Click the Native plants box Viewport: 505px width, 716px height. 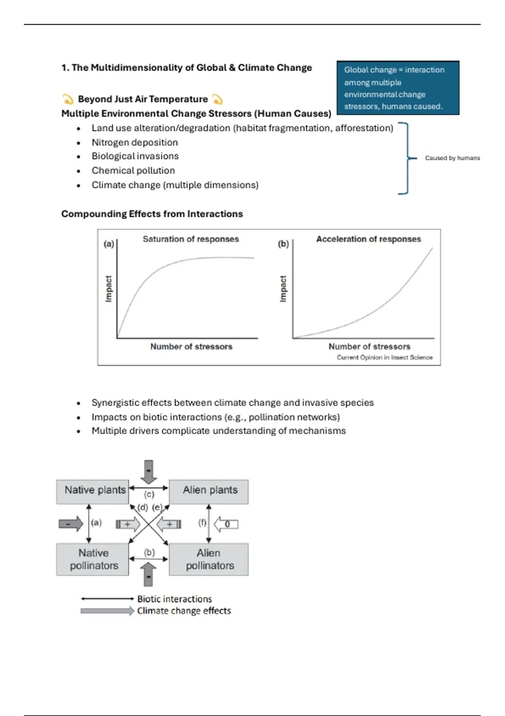(x=93, y=491)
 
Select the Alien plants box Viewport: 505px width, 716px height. (x=209, y=491)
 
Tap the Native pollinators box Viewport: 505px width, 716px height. (x=93, y=559)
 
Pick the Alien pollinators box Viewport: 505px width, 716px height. (x=209, y=559)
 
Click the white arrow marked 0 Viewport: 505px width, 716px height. (x=226, y=524)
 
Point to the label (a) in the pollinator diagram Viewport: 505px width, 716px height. (x=96, y=523)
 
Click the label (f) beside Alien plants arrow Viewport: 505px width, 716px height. (x=202, y=523)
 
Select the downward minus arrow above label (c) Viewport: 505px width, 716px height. (x=149, y=471)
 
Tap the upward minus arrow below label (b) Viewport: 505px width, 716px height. (x=149, y=574)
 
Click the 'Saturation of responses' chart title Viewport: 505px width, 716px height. (x=191, y=239)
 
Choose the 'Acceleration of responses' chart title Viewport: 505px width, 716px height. (x=368, y=239)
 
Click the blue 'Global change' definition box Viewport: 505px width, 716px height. (x=398, y=88)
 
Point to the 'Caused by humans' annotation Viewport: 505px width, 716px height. (x=452, y=158)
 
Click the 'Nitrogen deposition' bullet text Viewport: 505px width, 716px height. (x=135, y=142)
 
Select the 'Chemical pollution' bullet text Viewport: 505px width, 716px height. (x=133, y=171)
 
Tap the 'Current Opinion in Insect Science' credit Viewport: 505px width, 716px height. (x=384, y=358)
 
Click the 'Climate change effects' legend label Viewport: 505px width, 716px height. (x=184, y=611)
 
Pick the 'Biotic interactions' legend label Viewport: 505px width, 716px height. (x=174, y=599)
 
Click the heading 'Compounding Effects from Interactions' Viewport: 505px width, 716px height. (x=152, y=214)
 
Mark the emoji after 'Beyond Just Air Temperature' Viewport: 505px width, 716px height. (x=217, y=99)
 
